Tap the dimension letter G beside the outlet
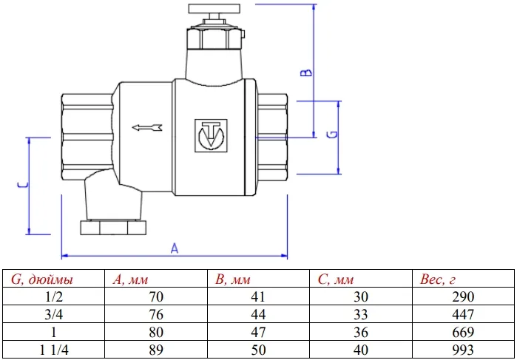click(x=331, y=135)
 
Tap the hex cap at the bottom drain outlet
click(x=116, y=225)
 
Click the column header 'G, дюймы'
click(x=42, y=279)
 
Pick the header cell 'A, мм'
click(x=132, y=279)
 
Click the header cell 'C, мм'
click(x=337, y=279)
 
